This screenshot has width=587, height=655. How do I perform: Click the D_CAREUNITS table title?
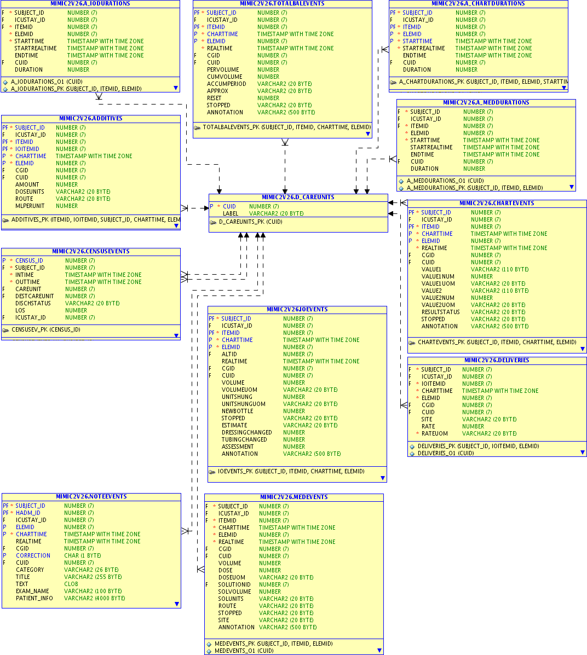click(298, 197)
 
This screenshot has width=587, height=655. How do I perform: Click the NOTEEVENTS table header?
click(91, 496)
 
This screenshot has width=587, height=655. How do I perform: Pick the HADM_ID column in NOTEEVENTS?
click(28, 513)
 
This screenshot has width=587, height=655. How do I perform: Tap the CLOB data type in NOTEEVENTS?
click(71, 584)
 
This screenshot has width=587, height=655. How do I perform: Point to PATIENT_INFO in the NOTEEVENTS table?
click(34, 598)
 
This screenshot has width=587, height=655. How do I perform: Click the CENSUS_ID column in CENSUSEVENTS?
click(29, 260)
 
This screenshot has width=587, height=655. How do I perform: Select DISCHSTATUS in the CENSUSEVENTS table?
click(33, 303)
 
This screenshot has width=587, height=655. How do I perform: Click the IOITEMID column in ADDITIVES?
click(27, 149)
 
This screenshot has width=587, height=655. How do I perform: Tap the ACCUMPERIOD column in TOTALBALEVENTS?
click(226, 84)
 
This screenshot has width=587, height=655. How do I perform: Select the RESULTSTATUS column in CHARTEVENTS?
click(440, 312)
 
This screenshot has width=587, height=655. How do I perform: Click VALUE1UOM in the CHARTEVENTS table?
click(438, 283)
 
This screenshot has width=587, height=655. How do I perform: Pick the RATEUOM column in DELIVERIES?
click(434, 433)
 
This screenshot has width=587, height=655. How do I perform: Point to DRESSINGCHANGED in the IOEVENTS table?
click(246, 432)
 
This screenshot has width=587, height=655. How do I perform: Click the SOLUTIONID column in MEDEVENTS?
click(234, 584)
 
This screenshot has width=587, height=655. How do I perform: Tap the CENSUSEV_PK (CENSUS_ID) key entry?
click(45, 329)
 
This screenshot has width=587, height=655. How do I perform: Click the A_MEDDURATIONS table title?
click(486, 102)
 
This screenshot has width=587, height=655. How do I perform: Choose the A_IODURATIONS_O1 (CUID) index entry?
click(47, 82)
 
